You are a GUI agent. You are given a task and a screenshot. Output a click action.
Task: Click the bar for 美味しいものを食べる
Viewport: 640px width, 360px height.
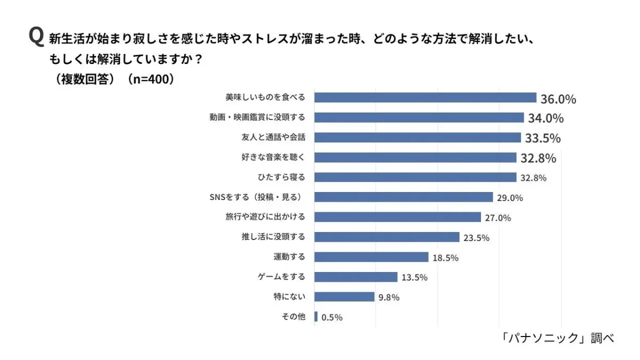425,98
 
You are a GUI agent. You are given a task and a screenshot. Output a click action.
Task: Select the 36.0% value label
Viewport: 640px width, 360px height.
558,99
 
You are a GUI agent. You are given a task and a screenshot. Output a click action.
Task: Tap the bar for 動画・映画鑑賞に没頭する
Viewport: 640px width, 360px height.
419,117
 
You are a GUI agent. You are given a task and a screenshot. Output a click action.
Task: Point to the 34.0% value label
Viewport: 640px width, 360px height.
546,118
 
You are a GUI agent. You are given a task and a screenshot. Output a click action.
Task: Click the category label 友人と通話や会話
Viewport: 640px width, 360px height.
273,137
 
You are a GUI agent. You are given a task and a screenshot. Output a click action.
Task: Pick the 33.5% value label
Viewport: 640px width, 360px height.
542,139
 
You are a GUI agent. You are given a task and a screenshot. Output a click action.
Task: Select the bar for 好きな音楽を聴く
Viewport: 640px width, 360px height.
415,157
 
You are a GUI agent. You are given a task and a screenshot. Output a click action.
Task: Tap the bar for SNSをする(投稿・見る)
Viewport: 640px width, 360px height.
403,197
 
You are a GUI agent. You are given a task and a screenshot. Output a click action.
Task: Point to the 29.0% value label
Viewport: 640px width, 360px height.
509,198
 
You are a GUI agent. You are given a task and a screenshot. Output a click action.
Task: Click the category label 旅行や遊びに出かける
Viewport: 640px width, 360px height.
265,217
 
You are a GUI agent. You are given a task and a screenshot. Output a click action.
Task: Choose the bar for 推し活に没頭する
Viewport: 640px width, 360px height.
387,237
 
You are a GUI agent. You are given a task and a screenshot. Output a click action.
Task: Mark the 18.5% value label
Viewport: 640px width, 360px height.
445,258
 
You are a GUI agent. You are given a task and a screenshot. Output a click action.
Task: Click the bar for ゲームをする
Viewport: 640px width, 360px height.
356,277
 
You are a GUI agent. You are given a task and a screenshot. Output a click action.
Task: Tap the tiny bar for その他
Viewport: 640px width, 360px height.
316,317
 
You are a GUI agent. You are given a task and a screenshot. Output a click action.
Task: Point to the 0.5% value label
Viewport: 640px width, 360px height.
332,317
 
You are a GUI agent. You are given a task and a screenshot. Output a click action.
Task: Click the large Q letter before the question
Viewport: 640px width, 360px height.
36,37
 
